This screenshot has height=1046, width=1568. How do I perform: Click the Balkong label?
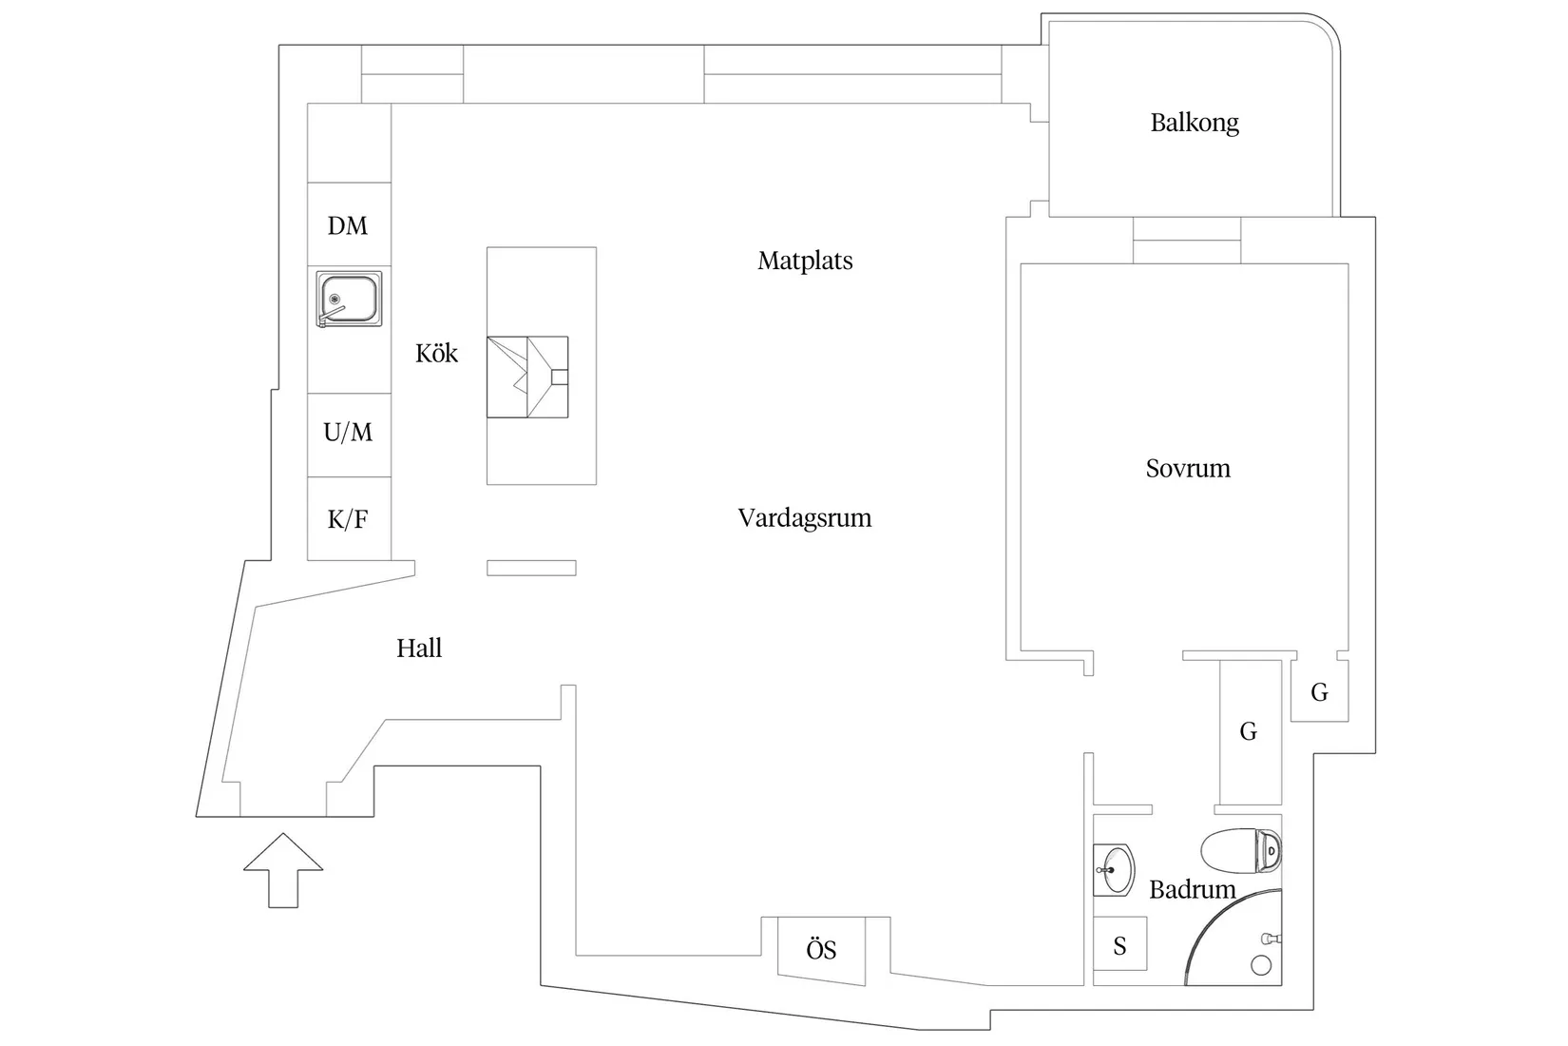click(x=1195, y=124)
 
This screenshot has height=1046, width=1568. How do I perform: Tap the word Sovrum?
click(x=1188, y=468)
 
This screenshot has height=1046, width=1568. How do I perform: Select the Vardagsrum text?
click(x=805, y=518)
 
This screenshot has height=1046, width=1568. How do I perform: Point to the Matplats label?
click(x=805, y=261)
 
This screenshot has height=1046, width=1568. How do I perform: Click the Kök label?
click(x=436, y=353)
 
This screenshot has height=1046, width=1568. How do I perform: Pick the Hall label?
click(x=419, y=649)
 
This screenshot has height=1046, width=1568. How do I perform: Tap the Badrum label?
click(x=1192, y=890)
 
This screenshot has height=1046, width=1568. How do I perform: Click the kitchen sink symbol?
click(x=349, y=300)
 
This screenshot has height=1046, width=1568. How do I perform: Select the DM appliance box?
click(x=350, y=224)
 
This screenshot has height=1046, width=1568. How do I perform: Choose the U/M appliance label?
click(x=348, y=433)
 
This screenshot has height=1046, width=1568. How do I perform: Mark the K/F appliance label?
click(x=348, y=519)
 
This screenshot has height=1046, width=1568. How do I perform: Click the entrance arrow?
click(x=283, y=870)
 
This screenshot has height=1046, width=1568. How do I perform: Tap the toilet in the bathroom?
click(x=1241, y=850)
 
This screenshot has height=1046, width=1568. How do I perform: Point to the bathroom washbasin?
click(x=1113, y=870)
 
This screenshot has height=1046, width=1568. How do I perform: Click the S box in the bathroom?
click(x=1120, y=943)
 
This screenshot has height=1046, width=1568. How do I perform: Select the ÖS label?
click(x=821, y=950)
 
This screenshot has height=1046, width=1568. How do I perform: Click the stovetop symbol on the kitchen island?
click(x=527, y=377)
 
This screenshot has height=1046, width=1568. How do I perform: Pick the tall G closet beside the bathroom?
click(x=1251, y=732)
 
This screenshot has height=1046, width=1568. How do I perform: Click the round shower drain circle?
click(x=1261, y=965)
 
